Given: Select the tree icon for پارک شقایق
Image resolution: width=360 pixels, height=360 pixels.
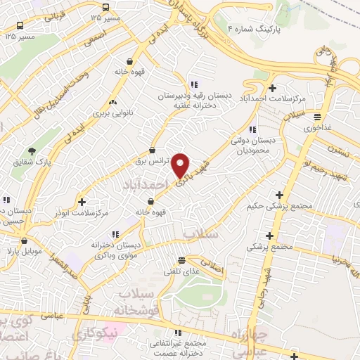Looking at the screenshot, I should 32,151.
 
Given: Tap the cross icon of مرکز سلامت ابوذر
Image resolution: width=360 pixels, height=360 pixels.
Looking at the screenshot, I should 82,202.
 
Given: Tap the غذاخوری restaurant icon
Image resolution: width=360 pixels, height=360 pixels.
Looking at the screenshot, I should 318,117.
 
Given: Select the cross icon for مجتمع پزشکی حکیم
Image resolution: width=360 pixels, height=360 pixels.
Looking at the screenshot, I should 280,195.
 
